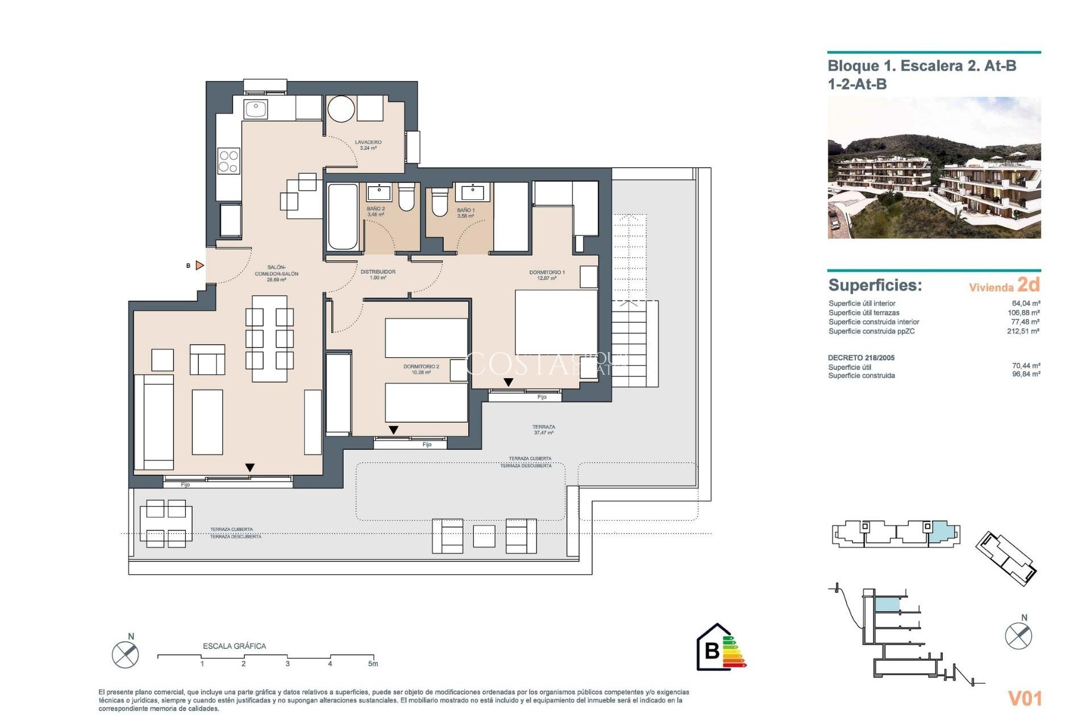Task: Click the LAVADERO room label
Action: click(x=368, y=145)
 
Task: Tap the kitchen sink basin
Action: click(x=256, y=108)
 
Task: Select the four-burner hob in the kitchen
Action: click(x=228, y=161)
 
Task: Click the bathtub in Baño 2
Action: click(x=343, y=216)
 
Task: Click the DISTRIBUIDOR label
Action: click(x=378, y=274)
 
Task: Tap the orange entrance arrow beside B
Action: click(x=199, y=265)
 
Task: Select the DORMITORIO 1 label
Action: click(x=547, y=275)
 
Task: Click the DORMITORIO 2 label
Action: click(x=421, y=369)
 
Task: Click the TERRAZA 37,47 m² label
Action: click(x=544, y=429)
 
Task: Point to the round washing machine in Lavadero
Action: click(x=341, y=109)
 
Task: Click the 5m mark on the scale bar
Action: click(x=373, y=663)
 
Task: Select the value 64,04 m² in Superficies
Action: click(x=1026, y=303)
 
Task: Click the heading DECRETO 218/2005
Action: click(x=861, y=358)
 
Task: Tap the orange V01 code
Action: click(x=1025, y=698)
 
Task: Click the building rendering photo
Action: click(x=934, y=168)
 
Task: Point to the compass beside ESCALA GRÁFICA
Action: click(x=125, y=654)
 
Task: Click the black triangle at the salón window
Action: click(x=250, y=467)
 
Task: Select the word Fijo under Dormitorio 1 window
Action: click(x=542, y=397)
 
